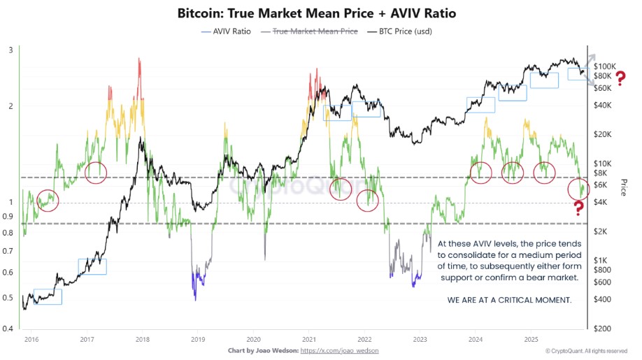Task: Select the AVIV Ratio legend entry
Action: (x=224, y=31)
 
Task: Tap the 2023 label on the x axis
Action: (x=420, y=338)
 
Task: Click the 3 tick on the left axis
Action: (x=10, y=50)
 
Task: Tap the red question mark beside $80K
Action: (x=620, y=75)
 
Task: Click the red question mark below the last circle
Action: (x=578, y=208)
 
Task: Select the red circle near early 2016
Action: (x=47, y=201)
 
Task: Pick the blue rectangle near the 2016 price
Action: (x=48, y=296)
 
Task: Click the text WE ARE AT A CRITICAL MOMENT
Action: (x=508, y=300)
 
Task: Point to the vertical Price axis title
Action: (x=624, y=187)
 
